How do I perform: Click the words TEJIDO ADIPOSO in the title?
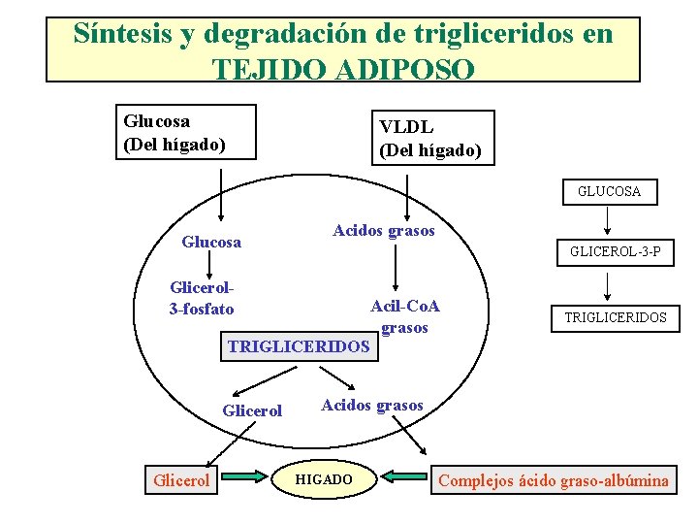coord(343,69)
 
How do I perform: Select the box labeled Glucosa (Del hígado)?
coord(186,132)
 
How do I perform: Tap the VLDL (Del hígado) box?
coord(433,138)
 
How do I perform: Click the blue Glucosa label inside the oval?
coord(211,242)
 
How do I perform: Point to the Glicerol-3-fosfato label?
coord(202,298)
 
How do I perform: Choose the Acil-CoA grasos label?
coord(405,316)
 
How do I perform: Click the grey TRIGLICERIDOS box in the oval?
coord(300,346)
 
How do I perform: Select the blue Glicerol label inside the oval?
coord(252,410)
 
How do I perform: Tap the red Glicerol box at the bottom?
coord(181,480)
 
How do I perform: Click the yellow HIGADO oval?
coord(324,479)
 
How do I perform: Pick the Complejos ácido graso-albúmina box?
coord(554,480)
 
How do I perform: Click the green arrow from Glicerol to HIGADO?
coord(244,476)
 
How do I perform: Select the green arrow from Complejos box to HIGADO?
coord(403,476)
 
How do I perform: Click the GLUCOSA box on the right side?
coord(610,192)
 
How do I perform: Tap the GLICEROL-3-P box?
coord(616,252)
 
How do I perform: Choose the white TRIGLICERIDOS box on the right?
coord(616,318)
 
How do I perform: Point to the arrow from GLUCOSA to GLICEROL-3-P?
coord(607,220)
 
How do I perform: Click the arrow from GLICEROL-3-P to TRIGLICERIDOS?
coord(607,286)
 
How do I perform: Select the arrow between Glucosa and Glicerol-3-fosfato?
coord(209,265)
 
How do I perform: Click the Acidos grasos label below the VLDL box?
coord(384,231)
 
